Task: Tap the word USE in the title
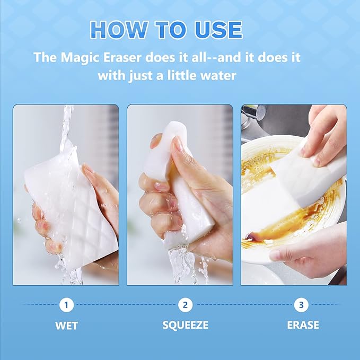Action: pyautogui.click(x=218, y=30)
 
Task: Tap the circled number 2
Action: pyautogui.click(x=185, y=305)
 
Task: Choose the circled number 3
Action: pyautogui.click(x=301, y=305)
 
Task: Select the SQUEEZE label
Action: pyautogui.click(x=185, y=325)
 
